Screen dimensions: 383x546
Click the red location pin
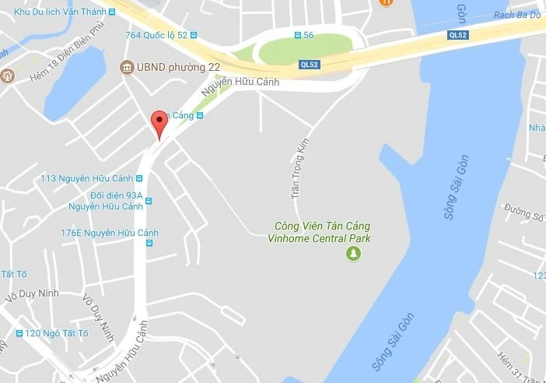coord(159,123)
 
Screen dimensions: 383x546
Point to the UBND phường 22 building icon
coord(126,68)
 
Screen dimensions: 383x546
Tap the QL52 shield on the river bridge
coord(459,35)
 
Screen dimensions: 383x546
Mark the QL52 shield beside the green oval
coord(310,65)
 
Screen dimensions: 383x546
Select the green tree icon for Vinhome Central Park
coord(354,253)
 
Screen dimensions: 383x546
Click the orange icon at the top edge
coord(386,3)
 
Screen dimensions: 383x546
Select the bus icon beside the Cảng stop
coord(200,115)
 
